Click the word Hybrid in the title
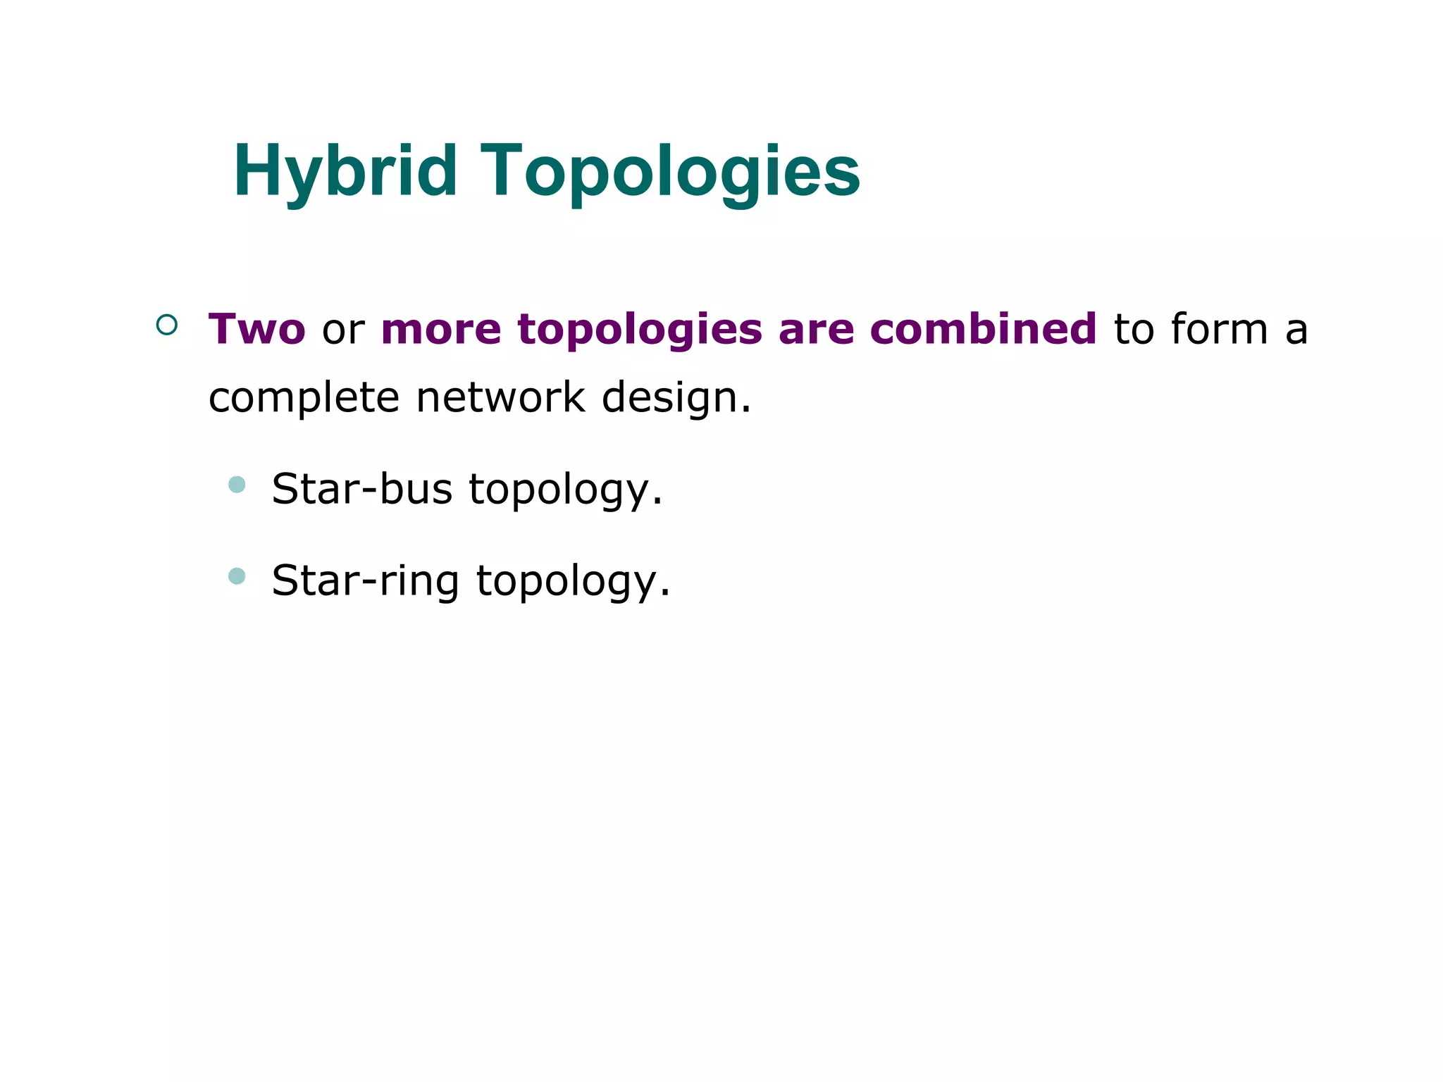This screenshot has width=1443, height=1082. pos(346,171)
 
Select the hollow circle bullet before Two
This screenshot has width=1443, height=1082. pos(167,325)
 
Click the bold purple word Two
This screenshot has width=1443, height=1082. pos(257,329)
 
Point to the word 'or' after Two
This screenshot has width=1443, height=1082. pos(343,330)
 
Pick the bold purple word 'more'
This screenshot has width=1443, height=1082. pos(441,330)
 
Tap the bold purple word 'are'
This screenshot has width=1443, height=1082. pos(816,330)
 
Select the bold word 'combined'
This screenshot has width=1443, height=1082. pos(984,329)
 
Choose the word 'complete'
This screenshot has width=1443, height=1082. pos(304,398)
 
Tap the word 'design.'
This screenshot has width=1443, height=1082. pos(676,398)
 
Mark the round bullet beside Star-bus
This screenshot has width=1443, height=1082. pos(237,485)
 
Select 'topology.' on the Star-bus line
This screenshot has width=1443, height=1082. pos(566,490)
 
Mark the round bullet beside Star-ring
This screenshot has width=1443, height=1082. pos(237,576)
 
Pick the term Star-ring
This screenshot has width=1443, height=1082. pos(366,581)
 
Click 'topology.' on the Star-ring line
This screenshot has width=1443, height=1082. pos(573,581)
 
